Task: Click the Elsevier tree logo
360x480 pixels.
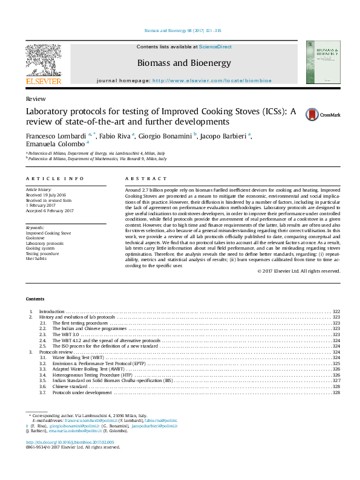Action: [43, 61]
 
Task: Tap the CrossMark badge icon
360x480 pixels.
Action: [311, 115]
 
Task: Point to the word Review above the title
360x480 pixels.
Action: [33, 99]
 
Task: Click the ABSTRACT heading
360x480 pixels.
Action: [145, 179]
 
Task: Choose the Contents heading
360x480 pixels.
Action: [35, 299]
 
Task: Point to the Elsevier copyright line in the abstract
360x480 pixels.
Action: [299, 271]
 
